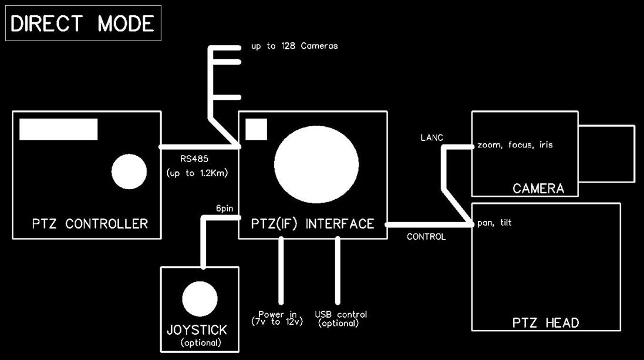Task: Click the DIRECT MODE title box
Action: tap(83, 23)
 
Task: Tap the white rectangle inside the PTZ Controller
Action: tap(58, 129)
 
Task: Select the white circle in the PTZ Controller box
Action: tap(129, 171)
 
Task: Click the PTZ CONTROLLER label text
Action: tap(90, 224)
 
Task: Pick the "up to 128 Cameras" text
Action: tap(294, 46)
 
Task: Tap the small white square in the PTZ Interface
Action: tap(256, 129)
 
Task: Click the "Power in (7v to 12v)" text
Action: tap(277, 318)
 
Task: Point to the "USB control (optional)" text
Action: tap(340, 318)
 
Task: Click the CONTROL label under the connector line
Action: tap(426, 237)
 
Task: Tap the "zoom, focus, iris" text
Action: tap(515, 144)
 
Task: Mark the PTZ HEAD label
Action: tap(546, 322)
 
